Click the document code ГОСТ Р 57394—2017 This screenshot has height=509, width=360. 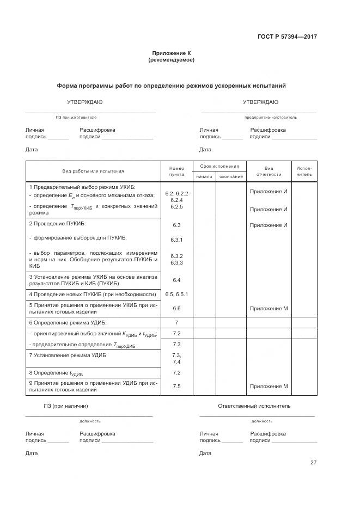tap(287, 37)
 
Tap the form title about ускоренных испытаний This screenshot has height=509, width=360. tap(171, 85)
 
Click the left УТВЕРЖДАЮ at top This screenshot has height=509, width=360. tap(84, 102)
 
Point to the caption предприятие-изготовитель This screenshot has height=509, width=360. tap(271, 117)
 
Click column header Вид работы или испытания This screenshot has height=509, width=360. tap(93, 171)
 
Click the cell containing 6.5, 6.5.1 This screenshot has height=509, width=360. tap(176, 294)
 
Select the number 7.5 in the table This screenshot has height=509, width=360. tap(176, 386)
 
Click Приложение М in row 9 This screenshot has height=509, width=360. tap(269, 386)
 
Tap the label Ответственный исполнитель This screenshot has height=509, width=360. tap(254, 406)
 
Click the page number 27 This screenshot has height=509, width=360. tap(313, 462)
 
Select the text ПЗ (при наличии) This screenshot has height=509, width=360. tap(66, 406)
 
